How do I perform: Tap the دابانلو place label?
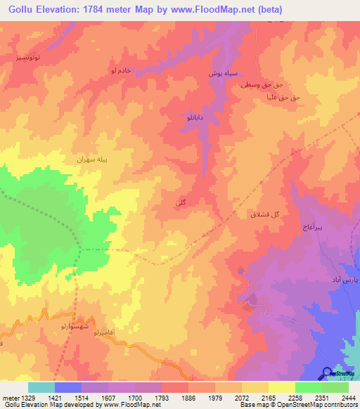tap(194, 118)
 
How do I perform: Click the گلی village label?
tap(181, 203)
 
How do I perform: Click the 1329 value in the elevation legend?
tap(29, 398)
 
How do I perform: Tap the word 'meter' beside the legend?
tap(11, 398)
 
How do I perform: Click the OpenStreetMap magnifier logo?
tap(327, 374)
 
